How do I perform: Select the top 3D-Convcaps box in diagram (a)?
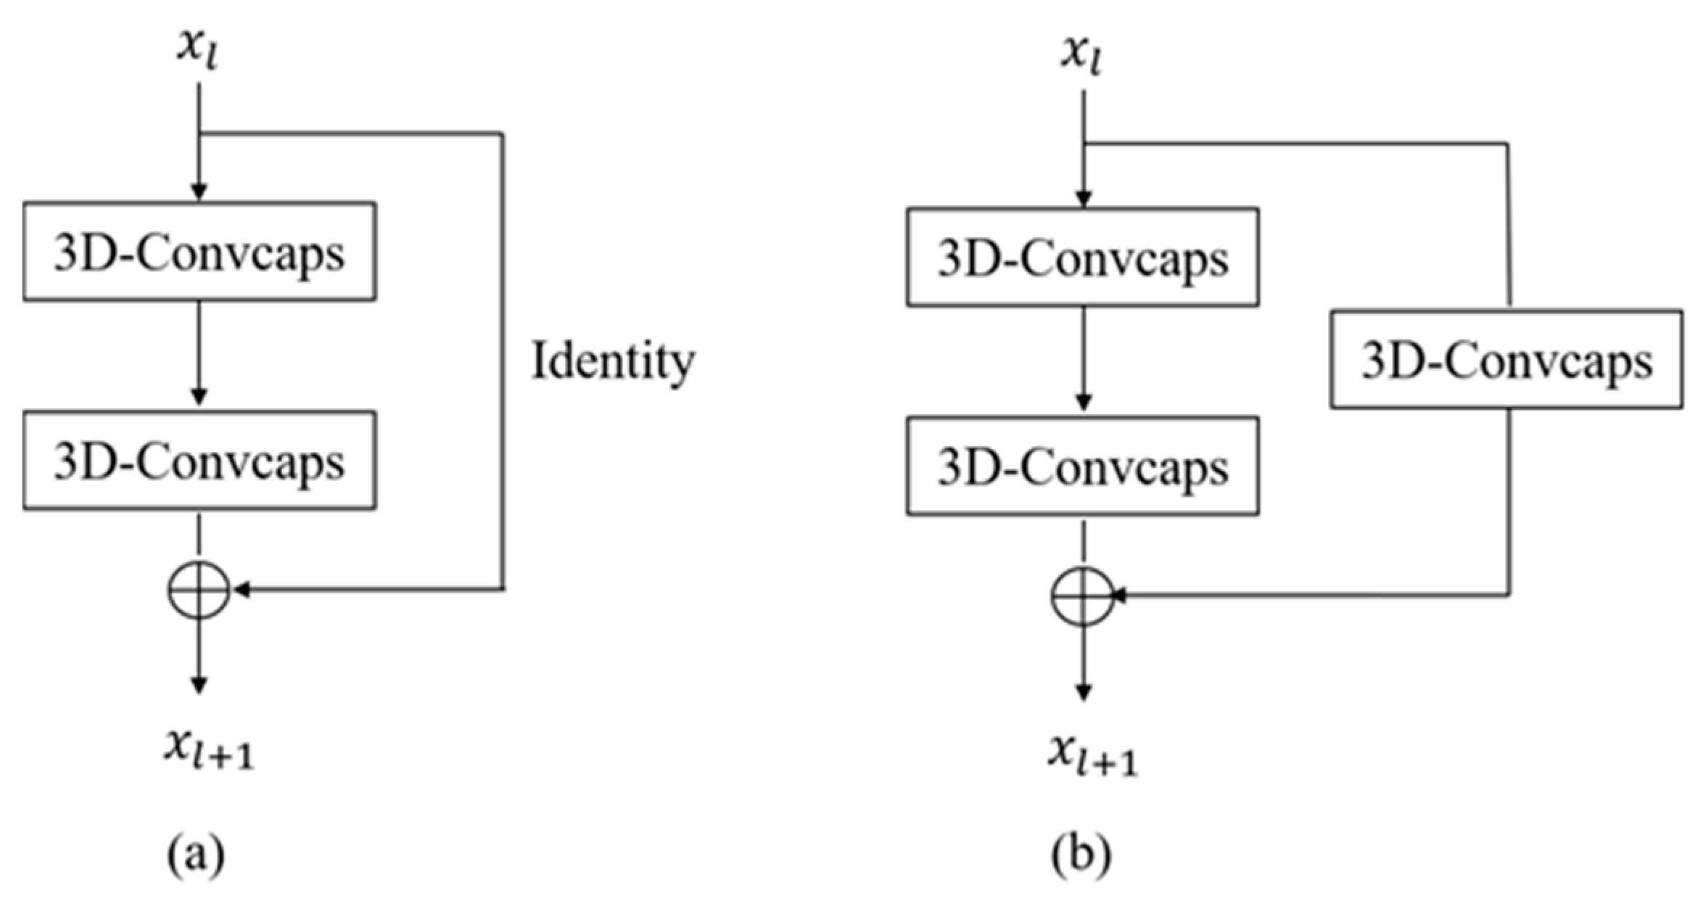coord(199,252)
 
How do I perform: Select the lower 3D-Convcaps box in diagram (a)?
coord(199,461)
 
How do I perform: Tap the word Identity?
coord(613,361)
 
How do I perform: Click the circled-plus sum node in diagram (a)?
coord(199,590)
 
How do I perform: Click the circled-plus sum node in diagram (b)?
coord(1082,596)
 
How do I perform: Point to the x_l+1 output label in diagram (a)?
coord(208,749)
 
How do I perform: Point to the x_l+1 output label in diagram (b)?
coord(1092,756)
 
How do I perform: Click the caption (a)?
coord(196,855)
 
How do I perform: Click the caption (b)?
coord(1081,855)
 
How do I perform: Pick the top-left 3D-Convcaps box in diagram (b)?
coord(1082,258)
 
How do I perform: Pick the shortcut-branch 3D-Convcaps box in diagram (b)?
coord(1506,360)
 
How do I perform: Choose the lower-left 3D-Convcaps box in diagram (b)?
coord(1082,466)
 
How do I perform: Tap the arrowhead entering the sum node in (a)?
coord(242,590)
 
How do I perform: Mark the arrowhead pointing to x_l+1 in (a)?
coord(199,685)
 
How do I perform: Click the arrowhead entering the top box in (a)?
coord(199,192)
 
